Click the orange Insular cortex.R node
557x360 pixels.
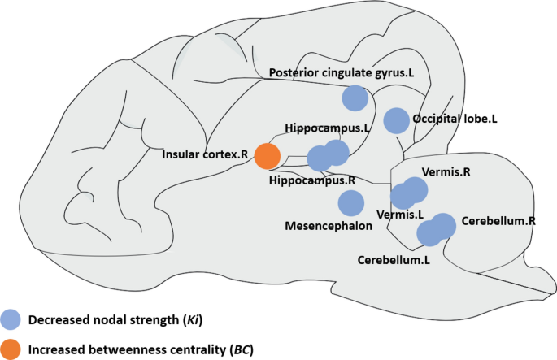(268, 154)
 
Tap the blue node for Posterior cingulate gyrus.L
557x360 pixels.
(355, 98)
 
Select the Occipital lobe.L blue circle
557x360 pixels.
(396, 120)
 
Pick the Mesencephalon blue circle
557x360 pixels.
(350, 203)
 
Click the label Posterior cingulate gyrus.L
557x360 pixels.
(342, 73)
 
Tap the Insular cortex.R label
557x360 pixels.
(204, 154)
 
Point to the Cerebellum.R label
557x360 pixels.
(498, 220)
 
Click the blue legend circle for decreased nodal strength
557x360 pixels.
(11, 319)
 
